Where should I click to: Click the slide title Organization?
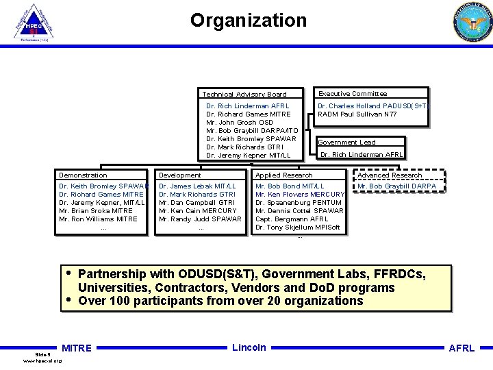pos(249,21)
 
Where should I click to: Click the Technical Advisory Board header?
pos(244,94)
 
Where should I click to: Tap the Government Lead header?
pos(347,142)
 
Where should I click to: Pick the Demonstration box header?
pos(84,175)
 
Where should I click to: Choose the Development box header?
pos(180,175)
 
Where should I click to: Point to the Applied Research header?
pos(284,175)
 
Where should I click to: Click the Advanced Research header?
pos(390,175)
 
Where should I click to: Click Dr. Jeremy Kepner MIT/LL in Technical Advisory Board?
pos(244,156)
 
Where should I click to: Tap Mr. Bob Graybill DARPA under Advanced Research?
pos(396,186)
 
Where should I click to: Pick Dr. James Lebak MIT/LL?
pos(197,186)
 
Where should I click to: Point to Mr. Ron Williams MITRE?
pos(99,219)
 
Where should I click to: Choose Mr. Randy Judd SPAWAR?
pos(200,219)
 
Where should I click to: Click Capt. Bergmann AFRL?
pos(292,219)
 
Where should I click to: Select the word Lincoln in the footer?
pos(249,347)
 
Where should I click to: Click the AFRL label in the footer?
pos(462,348)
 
